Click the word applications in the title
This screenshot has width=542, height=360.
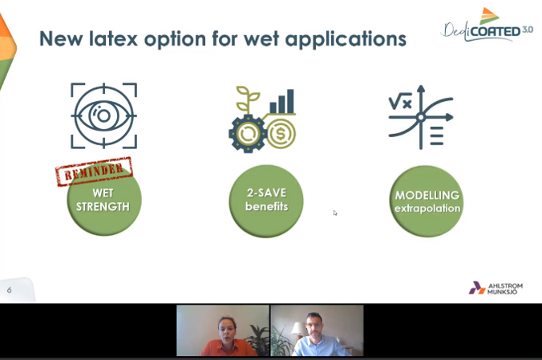[346, 39]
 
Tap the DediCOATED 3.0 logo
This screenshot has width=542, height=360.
[487, 25]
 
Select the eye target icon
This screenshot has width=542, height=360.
[103, 115]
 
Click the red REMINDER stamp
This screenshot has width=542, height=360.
[94, 172]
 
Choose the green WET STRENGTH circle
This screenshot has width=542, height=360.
[104, 200]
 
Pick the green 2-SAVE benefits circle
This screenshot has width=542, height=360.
[266, 201]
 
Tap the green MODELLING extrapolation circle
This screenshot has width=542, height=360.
[427, 201]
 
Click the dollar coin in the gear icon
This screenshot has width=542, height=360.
[281, 133]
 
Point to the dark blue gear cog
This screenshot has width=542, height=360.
[248, 133]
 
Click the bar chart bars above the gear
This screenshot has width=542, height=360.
[281, 101]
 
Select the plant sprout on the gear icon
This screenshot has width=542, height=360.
[248, 99]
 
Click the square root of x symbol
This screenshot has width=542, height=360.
[400, 101]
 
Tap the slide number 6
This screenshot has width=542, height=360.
[9, 289]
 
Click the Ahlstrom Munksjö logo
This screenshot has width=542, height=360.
[495, 288]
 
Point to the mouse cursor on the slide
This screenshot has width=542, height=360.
[335, 212]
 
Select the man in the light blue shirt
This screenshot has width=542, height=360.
[315, 335]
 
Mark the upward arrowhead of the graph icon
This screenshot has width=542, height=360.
[421, 89]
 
